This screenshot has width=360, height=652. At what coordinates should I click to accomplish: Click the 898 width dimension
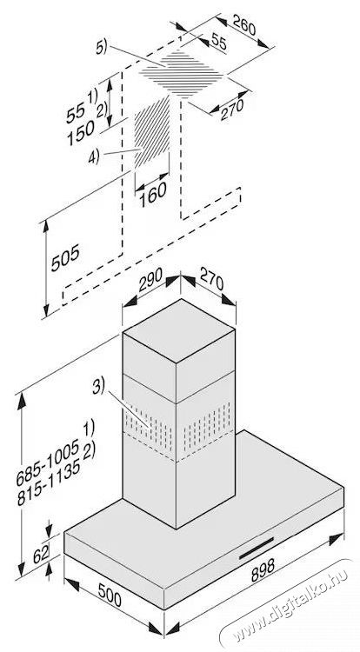[x=263, y=569]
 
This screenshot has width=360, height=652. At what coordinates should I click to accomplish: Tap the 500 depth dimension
[x=110, y=595]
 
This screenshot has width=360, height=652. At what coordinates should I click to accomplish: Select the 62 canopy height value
[x=41, y=554]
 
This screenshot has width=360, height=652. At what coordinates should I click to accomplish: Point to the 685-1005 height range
[x=47, y=464]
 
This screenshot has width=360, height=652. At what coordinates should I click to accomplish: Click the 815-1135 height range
[x=49, y=484]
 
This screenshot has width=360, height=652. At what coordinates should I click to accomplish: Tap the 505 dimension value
[x=65, y=258]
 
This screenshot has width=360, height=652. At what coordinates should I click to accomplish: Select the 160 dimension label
[x=153, y=195]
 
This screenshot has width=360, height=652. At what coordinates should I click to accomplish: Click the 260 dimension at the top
[x=244, y=25]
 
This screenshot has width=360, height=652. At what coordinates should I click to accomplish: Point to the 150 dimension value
[x=81, y=134]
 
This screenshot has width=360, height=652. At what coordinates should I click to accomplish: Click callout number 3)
[x=98, y=387]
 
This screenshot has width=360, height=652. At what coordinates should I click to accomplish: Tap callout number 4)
[x=94, y=157]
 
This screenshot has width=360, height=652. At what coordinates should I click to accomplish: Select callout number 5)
[x=101, y=48]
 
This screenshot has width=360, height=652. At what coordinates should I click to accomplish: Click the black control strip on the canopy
[x=257, y=548]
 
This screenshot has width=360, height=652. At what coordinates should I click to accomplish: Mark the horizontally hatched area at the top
[x=181, y=74]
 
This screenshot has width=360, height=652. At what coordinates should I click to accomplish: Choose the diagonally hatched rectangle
[x=151, y=132]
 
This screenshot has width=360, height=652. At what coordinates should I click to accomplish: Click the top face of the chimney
[x=179, y=330]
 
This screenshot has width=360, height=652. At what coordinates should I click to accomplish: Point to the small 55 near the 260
[x=218, y=40]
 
